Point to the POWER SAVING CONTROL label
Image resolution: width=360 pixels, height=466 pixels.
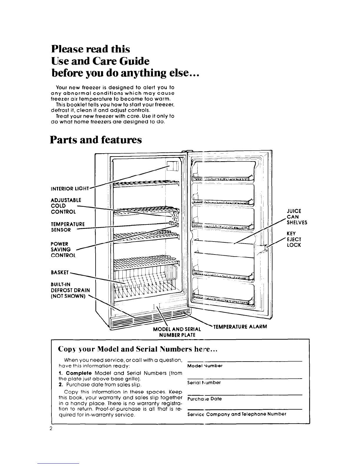(x=63, y=249)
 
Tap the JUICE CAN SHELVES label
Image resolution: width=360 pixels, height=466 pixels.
(x=297, y=217)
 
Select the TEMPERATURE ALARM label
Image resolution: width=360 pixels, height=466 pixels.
(x=240, y=326)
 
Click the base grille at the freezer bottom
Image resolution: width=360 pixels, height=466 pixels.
(x=147, y=321)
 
